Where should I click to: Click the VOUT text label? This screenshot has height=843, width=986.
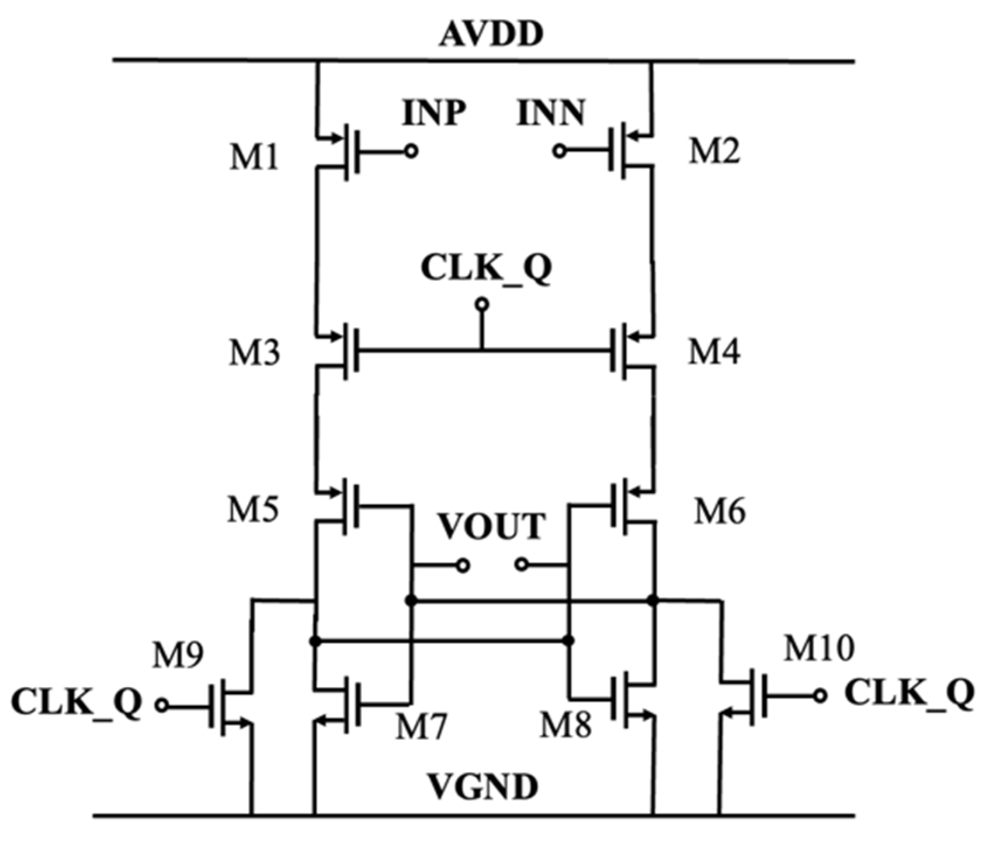coord(492,527)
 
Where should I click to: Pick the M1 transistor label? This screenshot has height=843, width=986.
coord(254,158)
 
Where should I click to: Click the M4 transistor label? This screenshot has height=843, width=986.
coord(714,353)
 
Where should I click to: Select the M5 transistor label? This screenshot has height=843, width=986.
coord(253,510)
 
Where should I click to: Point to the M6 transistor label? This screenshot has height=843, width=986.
coord(719,512)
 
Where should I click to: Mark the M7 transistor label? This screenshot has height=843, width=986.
coord(421,727)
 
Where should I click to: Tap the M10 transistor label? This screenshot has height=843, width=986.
coord(819,649)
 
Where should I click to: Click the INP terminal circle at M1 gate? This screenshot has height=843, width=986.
coord(411,152)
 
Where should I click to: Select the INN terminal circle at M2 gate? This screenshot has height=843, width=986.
coord(559,152)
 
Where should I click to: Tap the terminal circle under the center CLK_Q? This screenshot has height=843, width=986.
coord(482,304)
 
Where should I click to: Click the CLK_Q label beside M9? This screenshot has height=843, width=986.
coord(76,703)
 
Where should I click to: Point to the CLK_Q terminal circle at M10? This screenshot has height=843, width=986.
coord(821,695)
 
